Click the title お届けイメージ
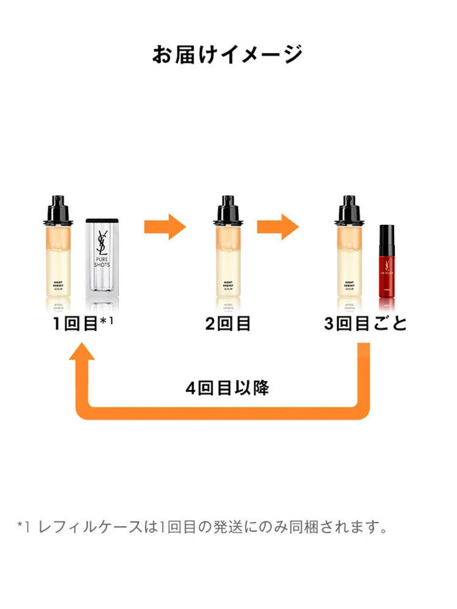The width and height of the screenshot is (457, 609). coord(227,54)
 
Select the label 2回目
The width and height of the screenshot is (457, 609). coord(228,323)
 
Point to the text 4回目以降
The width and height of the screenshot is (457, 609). coord(227,388)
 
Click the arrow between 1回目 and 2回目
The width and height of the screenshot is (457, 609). coord(165,227)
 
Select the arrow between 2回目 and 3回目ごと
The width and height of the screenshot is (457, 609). coord(277,227)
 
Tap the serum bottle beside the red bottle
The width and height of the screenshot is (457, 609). coord(350,250)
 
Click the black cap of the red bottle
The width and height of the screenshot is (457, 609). coord(387,233)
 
